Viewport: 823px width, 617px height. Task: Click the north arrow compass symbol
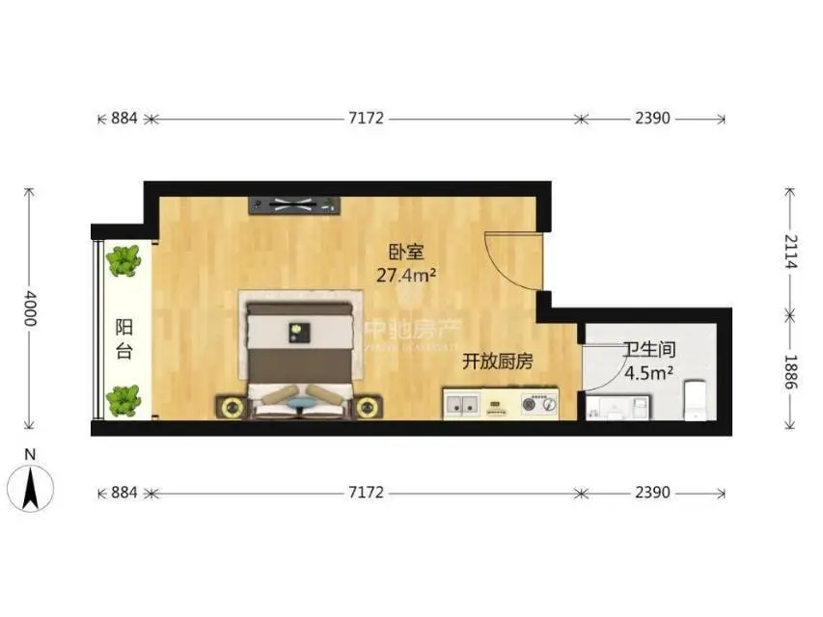pyautogui.click(x=32, y=485)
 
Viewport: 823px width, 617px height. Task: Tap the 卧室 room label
pyautogui.click(x=406, y=254)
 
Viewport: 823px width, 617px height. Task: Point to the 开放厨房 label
pyautogui.click(x=497, y=362)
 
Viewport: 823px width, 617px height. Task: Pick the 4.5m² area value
pyautogui.click(x=648, y=372)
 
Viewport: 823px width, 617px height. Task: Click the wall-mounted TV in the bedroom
pyautogui.click(x=295, y=203)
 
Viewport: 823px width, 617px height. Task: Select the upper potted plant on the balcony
pyautogui.click(x=123, y=260)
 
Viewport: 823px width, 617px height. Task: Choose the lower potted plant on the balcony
pyautogui.click(x=123, y=400)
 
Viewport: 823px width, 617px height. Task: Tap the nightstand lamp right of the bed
pyautogui.click(x=366, y=408)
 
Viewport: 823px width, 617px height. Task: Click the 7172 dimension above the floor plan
pyautogui.click(x=367, y=119)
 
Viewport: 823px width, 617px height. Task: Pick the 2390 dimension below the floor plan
pyautogui.click(x=652, y=493)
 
